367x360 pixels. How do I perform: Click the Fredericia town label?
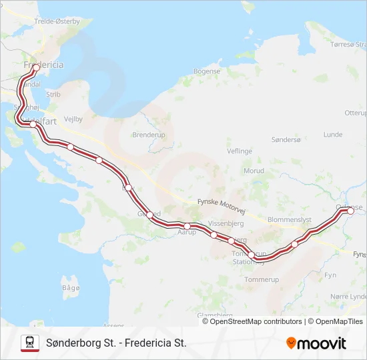[x=43, y=65]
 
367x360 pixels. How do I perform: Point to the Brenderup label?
[x=148, y=134]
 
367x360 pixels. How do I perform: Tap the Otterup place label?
[x=355, y=113]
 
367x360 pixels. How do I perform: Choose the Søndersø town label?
[x=286, y=140]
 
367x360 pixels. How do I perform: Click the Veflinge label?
[x=240, y=151]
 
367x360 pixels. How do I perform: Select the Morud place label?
[x=254, y=171]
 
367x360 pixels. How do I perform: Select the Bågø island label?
[x=71, y=287]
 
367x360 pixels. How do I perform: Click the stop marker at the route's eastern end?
[x=350, y=211]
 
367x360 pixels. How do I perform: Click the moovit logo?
[x=316, y=343]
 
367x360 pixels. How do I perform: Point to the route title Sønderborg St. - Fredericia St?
[x=116, y=343]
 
